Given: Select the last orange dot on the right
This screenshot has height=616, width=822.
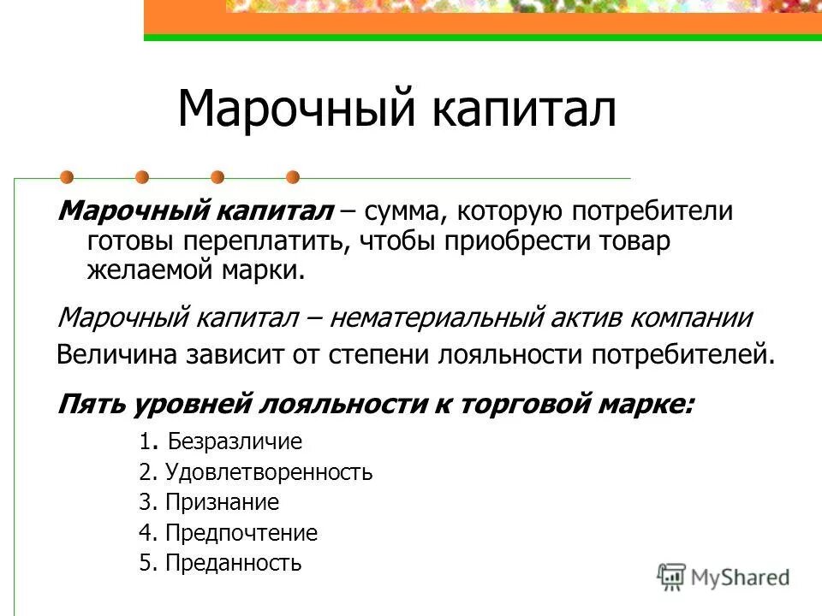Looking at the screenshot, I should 293,177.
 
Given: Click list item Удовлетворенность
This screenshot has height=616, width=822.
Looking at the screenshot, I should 269,472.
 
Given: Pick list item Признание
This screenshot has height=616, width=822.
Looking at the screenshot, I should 223,502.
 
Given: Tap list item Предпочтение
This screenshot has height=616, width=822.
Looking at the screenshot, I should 241,533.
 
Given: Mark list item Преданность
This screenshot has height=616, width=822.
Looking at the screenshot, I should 234,563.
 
